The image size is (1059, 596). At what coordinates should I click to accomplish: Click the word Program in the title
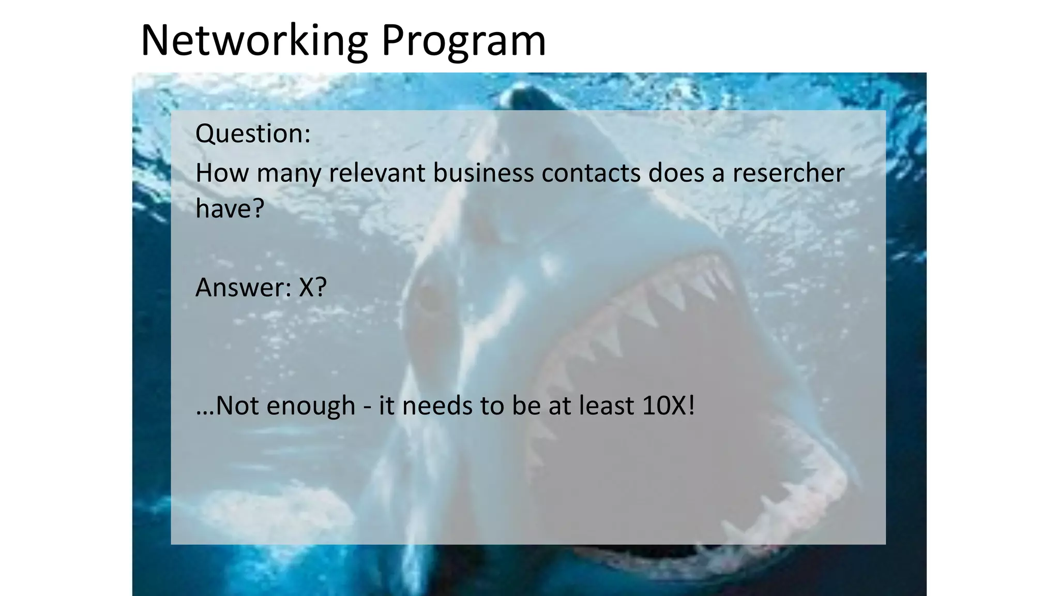(463, 41)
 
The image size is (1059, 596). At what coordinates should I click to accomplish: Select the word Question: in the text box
(253, 133)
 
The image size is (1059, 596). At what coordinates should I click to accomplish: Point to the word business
(483, 173)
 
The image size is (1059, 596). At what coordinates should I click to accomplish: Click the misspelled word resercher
(788, 173)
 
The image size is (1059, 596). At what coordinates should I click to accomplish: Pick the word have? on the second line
(230, 208)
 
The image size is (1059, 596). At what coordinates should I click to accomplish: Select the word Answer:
(243, 288)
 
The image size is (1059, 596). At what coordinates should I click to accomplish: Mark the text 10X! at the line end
(668, 405)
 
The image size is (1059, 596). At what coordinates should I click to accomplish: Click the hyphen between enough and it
(367, 406)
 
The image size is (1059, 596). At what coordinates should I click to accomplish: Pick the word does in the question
(676, 173)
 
